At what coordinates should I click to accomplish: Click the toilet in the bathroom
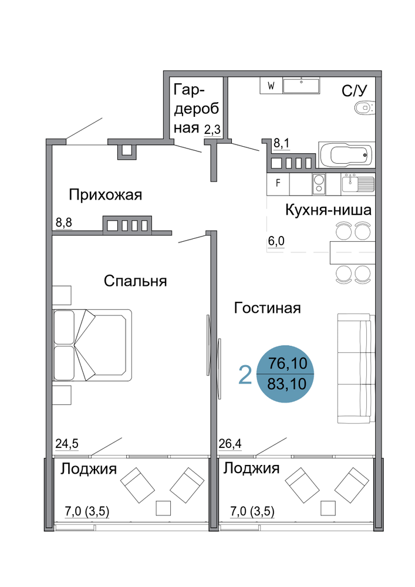coord(364,109)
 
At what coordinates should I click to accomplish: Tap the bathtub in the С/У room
coord(346,154)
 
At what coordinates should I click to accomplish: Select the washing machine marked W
coord(271,86)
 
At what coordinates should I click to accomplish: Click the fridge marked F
coord(278,183)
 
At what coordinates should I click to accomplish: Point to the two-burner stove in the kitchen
coord(319,184)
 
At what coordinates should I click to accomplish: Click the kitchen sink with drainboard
coord(357,184)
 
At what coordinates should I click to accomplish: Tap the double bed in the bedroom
coord(92,345)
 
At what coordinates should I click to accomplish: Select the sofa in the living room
coord(356,369)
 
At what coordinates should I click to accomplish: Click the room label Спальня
coord(135,281)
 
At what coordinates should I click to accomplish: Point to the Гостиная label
coord(267,308)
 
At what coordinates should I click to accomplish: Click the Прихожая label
coord(106,195)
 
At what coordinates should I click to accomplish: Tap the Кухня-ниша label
coord(328,210)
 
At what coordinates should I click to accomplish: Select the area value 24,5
coord(67,444)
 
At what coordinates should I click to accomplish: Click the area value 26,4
coord(230,444)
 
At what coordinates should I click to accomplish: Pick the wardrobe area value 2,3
coord(212,130)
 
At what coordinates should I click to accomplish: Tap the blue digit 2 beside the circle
coord(245,375)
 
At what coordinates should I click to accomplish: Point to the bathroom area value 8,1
coord(282,143)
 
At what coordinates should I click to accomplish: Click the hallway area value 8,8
coord(63,222)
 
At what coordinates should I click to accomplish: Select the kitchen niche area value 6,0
coord(276,241)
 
